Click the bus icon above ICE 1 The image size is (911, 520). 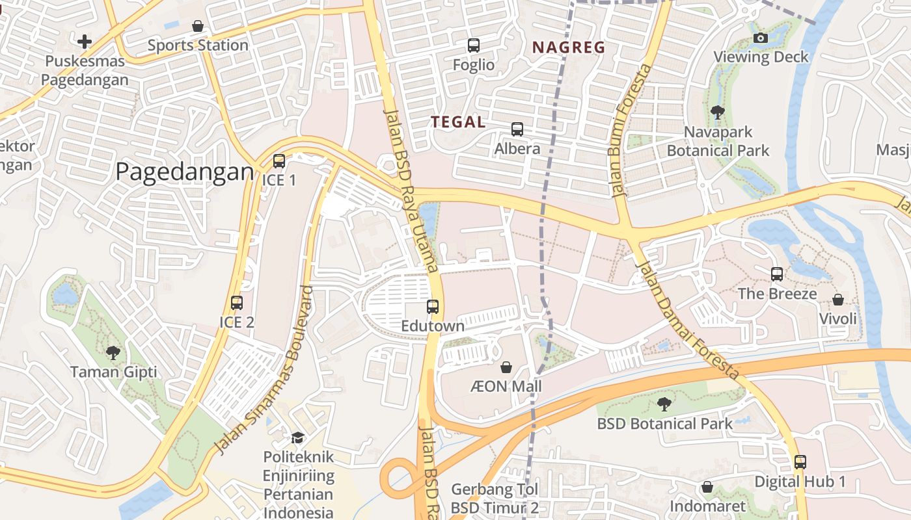[279, 161]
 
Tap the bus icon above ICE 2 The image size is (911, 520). [237, 303]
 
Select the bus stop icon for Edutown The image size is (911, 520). [433, 307]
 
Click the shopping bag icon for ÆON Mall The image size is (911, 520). [506, 367]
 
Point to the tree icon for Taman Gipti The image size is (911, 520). [113, 353]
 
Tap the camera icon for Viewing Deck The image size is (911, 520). [760, 38]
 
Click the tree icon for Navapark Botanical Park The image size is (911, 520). [718, 112]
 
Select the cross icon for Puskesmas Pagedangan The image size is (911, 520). [85, 42]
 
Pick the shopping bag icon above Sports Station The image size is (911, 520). [198, 26]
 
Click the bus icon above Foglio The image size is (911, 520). [474, 45]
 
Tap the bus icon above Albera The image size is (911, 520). [517, 129]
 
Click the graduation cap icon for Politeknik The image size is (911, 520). [297, 437]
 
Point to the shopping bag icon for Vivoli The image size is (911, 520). [838, 300]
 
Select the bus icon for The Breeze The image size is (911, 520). [777, 274]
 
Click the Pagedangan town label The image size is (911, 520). [184, 172]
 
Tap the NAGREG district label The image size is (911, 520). [569, 47]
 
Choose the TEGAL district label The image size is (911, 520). [458, 122]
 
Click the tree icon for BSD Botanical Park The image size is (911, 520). [664, 404]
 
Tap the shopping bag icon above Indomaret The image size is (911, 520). [707, 487]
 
